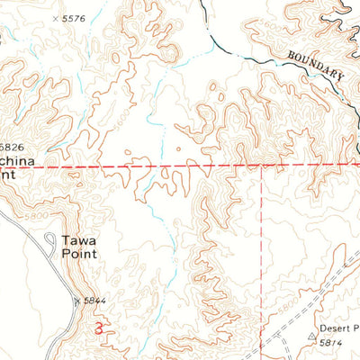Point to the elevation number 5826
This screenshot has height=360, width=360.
pos(11,147)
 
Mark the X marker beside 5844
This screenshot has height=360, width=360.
pos(77,300)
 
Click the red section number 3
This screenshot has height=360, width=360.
pos(98,330)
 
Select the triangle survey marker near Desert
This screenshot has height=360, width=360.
pos(311,340)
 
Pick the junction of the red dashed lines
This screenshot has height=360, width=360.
pos(262,167)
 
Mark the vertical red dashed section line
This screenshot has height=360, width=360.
pos(262,261)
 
